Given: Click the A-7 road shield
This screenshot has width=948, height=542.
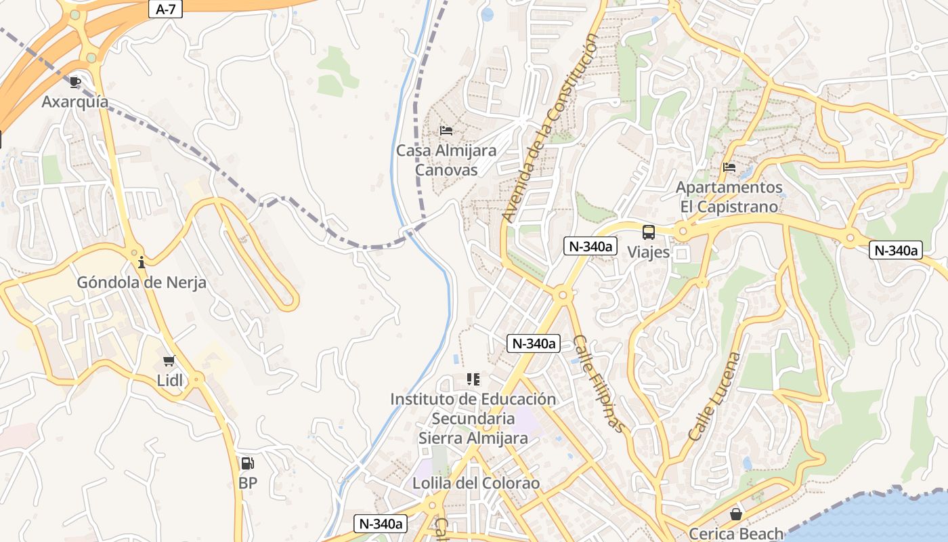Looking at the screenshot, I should (165, 9).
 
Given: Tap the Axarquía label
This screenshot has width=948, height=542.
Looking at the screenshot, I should (75, 102).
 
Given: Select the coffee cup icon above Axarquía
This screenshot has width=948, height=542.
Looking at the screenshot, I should (75, 83).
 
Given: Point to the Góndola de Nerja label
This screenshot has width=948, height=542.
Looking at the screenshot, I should (142, 282).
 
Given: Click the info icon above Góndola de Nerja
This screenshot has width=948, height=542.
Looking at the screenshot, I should (142, 263).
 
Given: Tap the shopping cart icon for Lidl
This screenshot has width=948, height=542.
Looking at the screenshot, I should (169, 361).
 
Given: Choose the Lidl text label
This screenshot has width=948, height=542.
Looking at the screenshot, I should (170, 380).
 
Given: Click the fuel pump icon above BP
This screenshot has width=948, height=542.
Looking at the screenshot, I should (248, 464).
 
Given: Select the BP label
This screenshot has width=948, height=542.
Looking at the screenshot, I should (248, 483).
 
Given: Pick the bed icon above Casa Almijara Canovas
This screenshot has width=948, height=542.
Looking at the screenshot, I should (446, 131).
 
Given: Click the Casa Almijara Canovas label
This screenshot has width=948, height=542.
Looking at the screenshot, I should (446, 160).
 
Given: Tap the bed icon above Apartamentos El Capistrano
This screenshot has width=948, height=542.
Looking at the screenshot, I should (729, 167).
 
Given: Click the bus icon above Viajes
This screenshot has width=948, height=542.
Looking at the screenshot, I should (648, 232).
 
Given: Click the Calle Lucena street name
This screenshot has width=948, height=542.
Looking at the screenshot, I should (715, 396).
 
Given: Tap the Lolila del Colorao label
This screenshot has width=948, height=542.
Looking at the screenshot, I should (476, 483).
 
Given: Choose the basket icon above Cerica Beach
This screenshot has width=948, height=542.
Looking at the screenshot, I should (736, 515).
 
